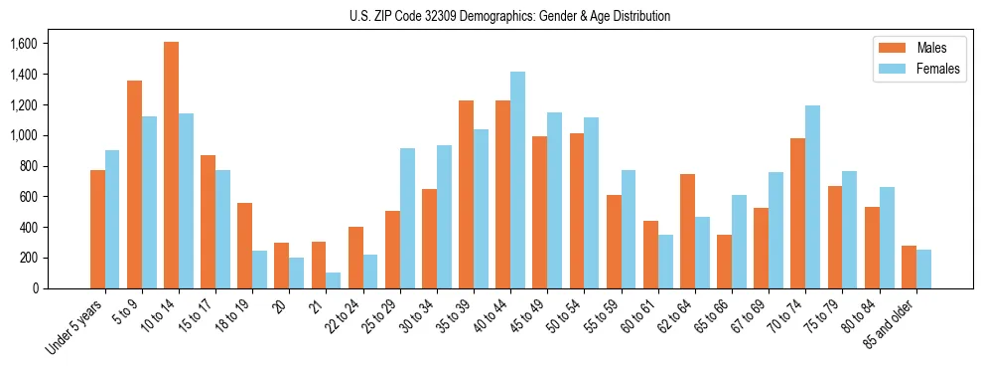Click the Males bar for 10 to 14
tap(171, 165)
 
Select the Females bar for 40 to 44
tap(517, 180)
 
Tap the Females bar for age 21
tap(334, 280)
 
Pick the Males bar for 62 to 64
tap(687, 231)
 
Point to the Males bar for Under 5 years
tap(97, 229)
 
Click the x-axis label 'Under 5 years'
tap(75, 327)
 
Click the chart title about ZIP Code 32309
tap(509, 16)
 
